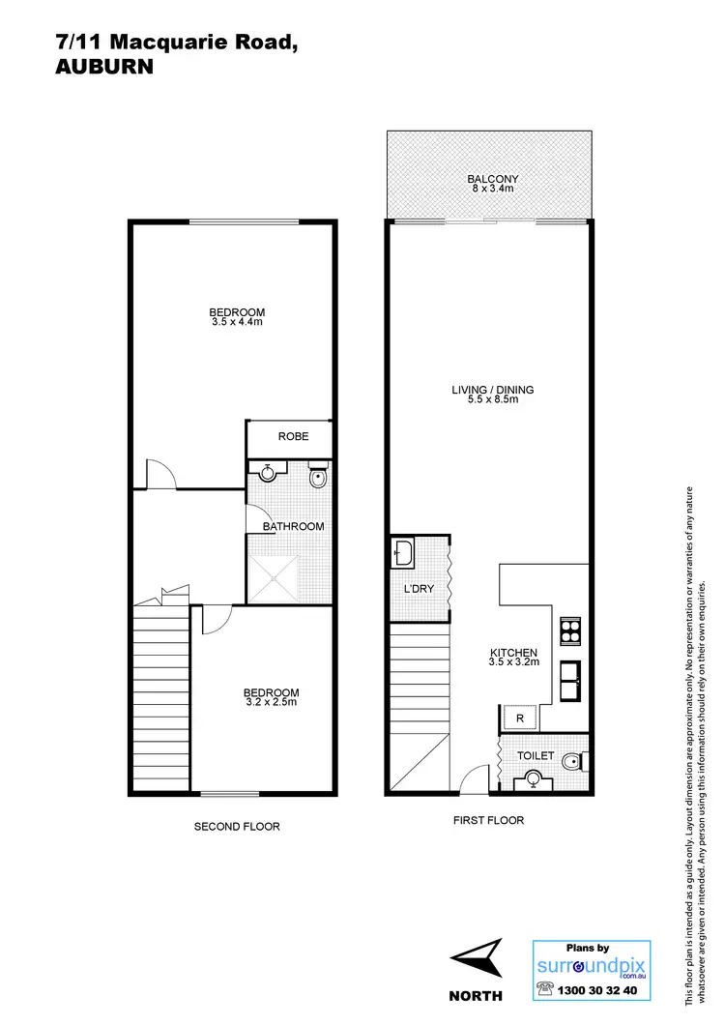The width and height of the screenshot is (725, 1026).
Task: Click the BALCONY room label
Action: (x=493, y=179)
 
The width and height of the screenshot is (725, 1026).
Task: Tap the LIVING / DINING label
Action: (x=493, y=391)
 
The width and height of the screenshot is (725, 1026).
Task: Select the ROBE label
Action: (x=293, y=437)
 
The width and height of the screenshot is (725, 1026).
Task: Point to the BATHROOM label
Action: (x=294, y=526)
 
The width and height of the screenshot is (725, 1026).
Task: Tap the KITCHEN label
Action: (x=513, y=653)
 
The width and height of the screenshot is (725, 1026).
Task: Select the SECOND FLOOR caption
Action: (x=237, y=827)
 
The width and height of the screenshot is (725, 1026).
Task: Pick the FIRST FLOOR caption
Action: (x=488, y=820)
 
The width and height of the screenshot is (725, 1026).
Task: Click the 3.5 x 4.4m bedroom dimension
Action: (x=238, y=322)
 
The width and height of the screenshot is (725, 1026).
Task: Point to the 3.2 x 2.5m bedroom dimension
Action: (x=271, y=703)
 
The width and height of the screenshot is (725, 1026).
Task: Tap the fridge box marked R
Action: (x=520, y=718)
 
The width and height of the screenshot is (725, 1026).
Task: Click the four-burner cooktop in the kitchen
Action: (x=570, y=630)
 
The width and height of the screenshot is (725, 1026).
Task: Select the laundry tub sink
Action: (x=405, y=555)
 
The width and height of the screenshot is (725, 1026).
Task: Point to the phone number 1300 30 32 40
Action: (x=600, y=990)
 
